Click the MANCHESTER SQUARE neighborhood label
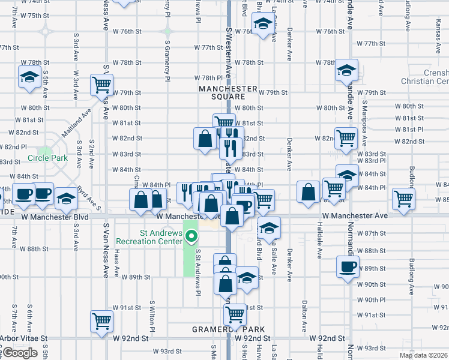pos(228,92)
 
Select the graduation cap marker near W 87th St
pos(270,227)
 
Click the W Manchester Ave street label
pos(355,215)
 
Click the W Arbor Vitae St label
pos(24,338)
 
